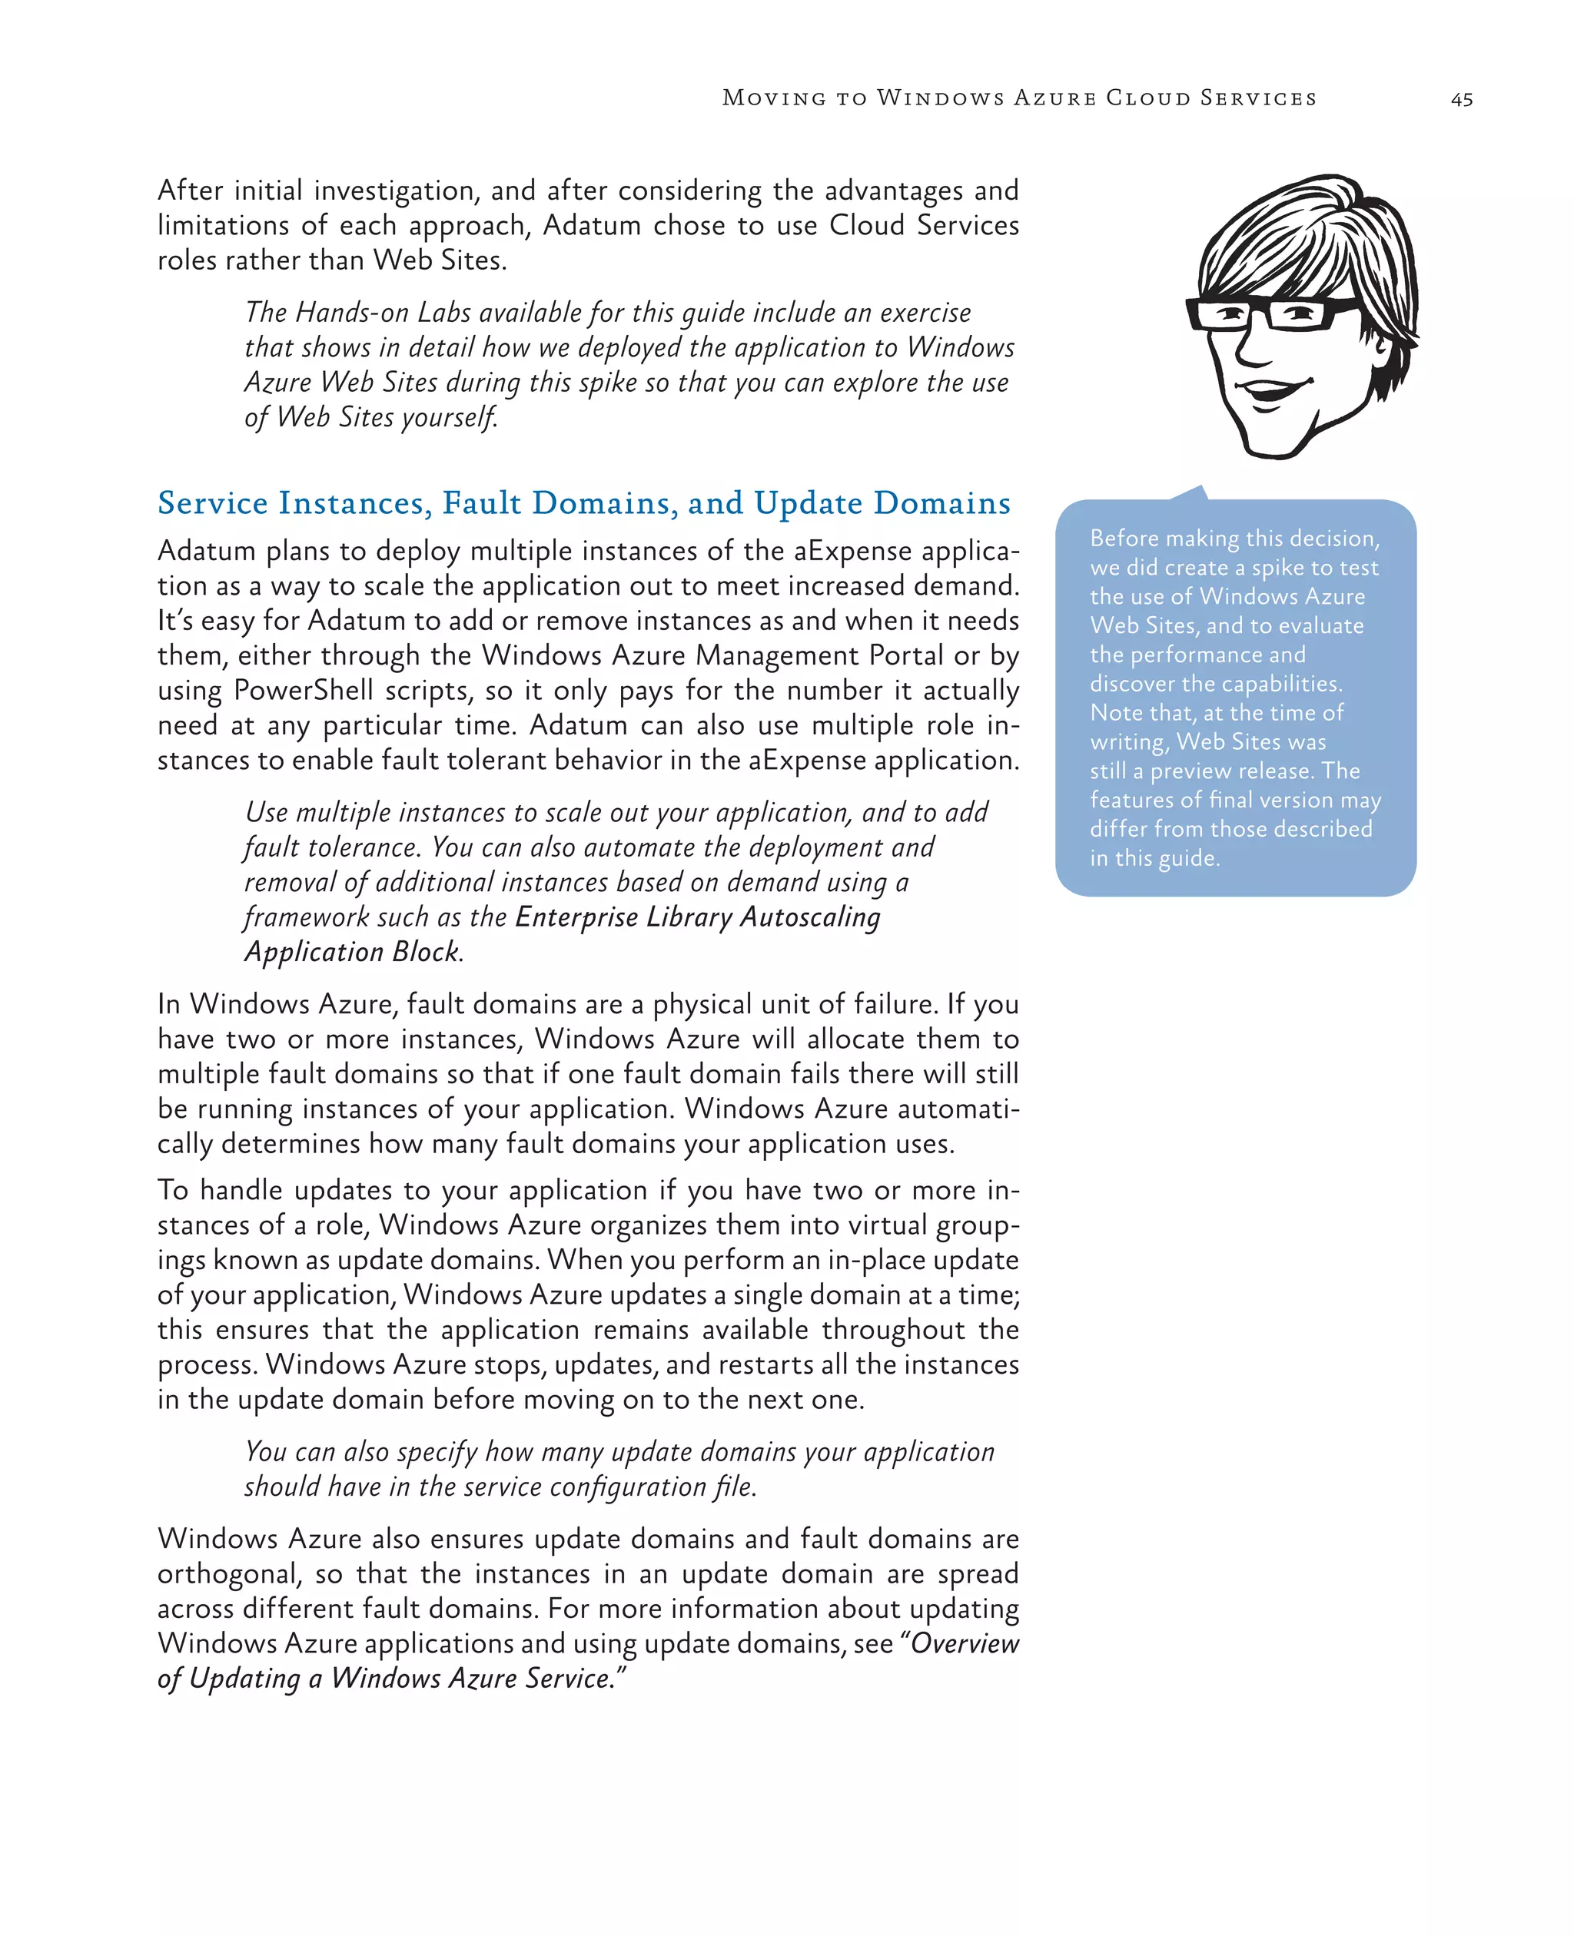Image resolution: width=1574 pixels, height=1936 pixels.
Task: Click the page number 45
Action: [1461, 100]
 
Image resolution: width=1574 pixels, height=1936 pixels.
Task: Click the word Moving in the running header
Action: [773, 98]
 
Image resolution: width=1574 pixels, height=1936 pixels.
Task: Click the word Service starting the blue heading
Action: [212, 503]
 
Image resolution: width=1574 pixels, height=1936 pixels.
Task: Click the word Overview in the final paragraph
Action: [965, 1643]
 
